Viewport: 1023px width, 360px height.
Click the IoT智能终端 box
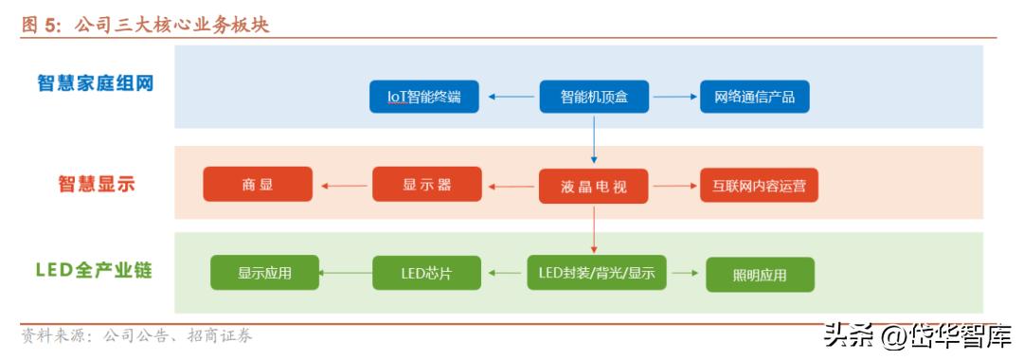[423, 97]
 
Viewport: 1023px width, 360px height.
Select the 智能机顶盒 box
[593, 97]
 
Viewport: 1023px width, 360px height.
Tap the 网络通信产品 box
[755, 97]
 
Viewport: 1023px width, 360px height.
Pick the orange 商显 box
[258, 185]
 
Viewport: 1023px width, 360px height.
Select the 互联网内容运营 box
[758, 185]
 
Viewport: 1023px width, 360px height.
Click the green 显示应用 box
[264, 274]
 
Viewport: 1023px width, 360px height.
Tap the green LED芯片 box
[426, 274]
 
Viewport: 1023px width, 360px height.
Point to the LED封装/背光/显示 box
[597, 274]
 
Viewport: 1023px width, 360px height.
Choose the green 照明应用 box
[760, 275]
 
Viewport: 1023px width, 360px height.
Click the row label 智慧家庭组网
[96, 83]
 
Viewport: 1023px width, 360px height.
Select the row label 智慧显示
[97, 185]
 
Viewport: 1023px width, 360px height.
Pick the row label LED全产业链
[96, 271]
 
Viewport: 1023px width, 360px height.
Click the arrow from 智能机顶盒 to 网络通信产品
[673, 97]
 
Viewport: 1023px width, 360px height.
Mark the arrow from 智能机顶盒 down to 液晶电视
[593, 140]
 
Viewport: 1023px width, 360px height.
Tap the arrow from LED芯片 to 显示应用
[346, 274]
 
